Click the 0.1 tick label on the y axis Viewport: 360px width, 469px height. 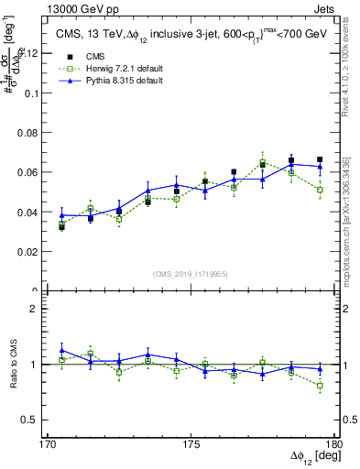33,93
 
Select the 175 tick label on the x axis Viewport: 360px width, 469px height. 191,443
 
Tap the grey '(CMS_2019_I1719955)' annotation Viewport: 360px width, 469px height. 190,273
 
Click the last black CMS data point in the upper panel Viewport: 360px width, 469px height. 320,159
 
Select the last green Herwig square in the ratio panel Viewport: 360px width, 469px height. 320,386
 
